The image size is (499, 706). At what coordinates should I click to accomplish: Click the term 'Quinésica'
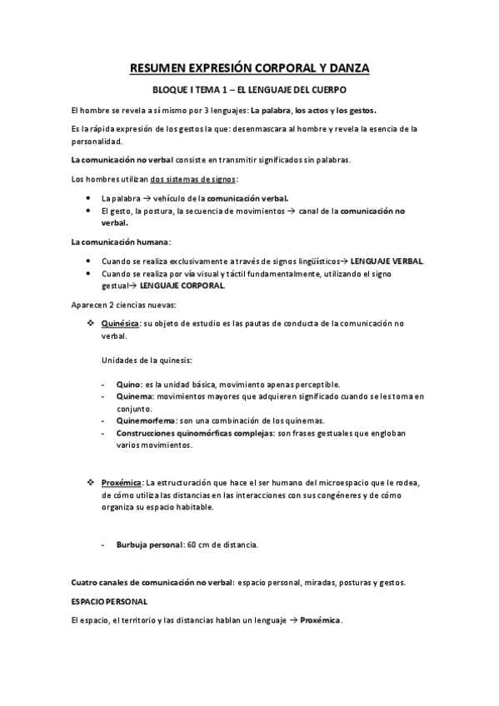[x=120, y=324]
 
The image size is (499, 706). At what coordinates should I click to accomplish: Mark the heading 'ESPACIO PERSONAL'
[x=110, y=600]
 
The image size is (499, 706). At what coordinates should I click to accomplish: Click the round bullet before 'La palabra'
[x=89, y=199]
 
